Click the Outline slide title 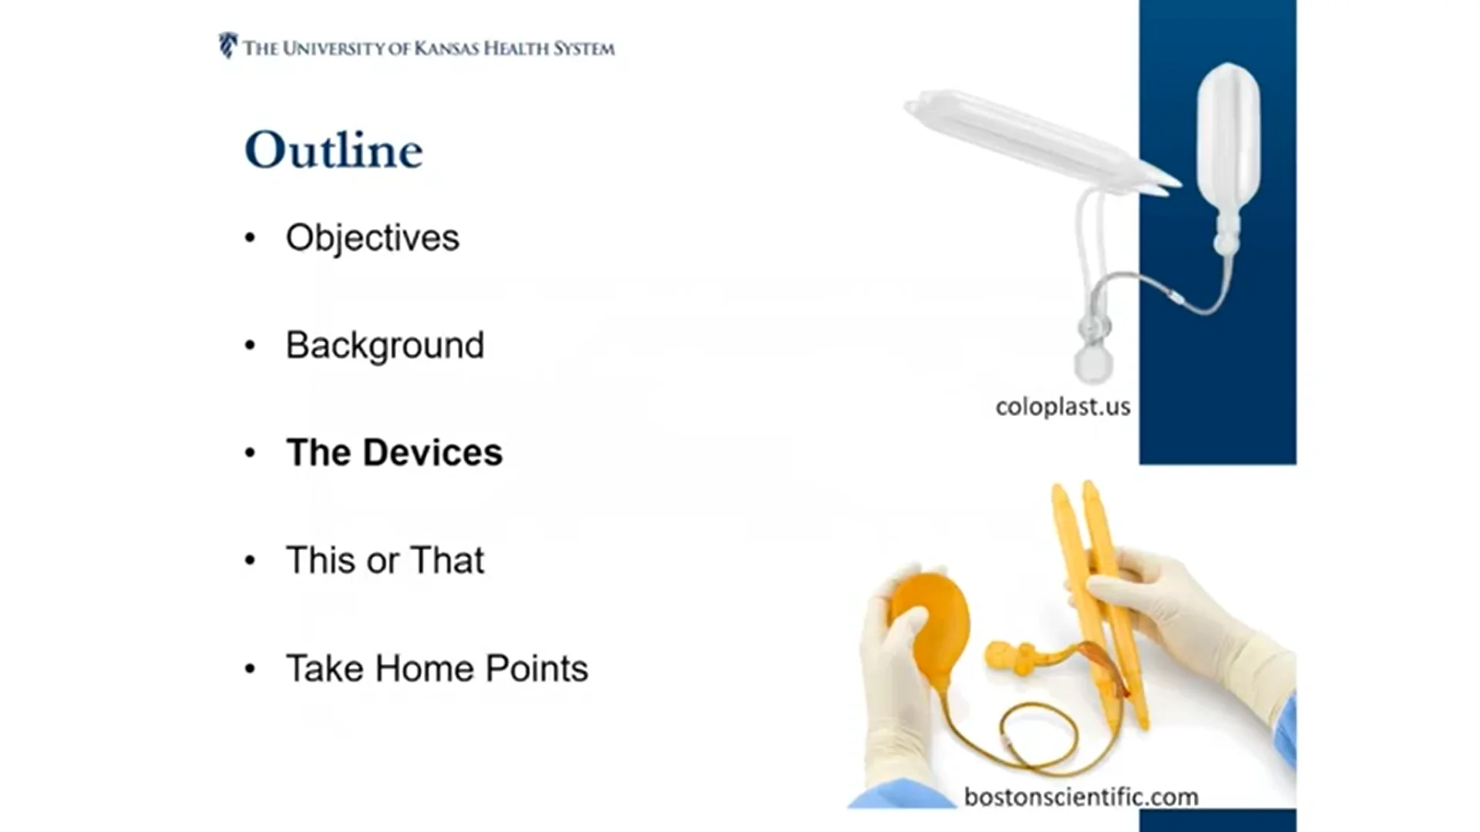point(334,149)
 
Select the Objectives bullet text point(372,237)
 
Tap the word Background point(385,345)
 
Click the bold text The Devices point(394,452)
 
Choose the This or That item point(385,560)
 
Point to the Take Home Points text point(437,668)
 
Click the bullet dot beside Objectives point(250,238)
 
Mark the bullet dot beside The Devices point(250,453)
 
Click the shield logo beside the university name point(227,45)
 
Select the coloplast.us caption point(1063,406)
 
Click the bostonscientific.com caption point(1081,796)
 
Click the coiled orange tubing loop point(1048,740)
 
